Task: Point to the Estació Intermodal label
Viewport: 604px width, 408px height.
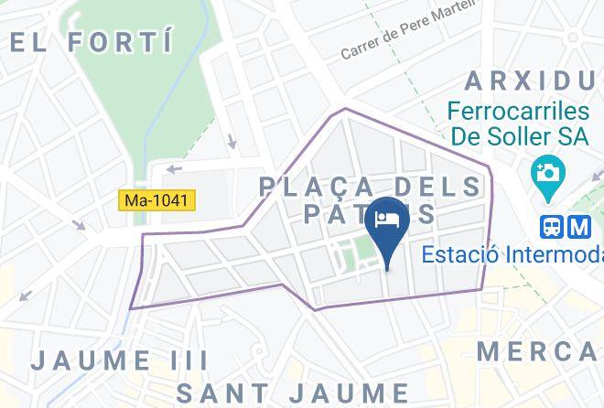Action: coord(512,254)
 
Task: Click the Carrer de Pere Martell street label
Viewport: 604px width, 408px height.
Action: coord(408,37)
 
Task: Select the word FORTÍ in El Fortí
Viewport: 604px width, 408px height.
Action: coord(122,41)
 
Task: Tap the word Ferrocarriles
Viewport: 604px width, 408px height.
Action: coord(519,112)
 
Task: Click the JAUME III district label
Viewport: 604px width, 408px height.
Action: coord(102,360)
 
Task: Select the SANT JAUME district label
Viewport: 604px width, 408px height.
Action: coord(293,392)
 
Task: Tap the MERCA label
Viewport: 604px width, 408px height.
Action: coord(540,350)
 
